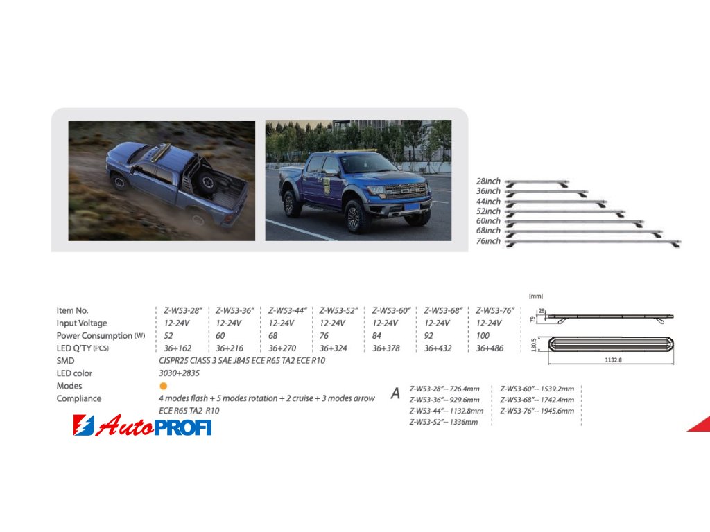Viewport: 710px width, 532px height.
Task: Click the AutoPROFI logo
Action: [x=142, y=425]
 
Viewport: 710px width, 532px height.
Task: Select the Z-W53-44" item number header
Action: [x=288, y=311]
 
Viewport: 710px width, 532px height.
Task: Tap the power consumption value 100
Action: [x=483, y=336]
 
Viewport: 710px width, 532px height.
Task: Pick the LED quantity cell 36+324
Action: [x=334, y=348]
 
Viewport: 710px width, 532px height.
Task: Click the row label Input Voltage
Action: [x=82, y=323]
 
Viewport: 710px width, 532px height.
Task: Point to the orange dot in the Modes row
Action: [x=164, y=386]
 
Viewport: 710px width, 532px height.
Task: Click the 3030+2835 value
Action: [x=179, y=373]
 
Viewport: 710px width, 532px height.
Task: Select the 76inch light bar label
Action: [x=488, y=241]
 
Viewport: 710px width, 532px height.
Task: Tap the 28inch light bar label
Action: [x=488, y=181]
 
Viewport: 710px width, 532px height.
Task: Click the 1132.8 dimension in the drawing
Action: [x=613, y=360]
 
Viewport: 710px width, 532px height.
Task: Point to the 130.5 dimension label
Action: [x=534, y=345]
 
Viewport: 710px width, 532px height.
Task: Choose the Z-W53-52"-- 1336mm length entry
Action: [x=443, y=422]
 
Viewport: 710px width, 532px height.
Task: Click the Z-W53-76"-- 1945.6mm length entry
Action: [x=537, y=411]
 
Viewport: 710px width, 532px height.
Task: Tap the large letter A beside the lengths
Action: [x=395, y=393]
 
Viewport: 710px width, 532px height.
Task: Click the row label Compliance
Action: [x=79, y=398]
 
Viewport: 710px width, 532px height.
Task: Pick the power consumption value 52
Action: [x=168, y=336]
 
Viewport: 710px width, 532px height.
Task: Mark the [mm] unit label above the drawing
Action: [x=536, y=296]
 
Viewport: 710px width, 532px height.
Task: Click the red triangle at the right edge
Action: [x=701, y=425]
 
